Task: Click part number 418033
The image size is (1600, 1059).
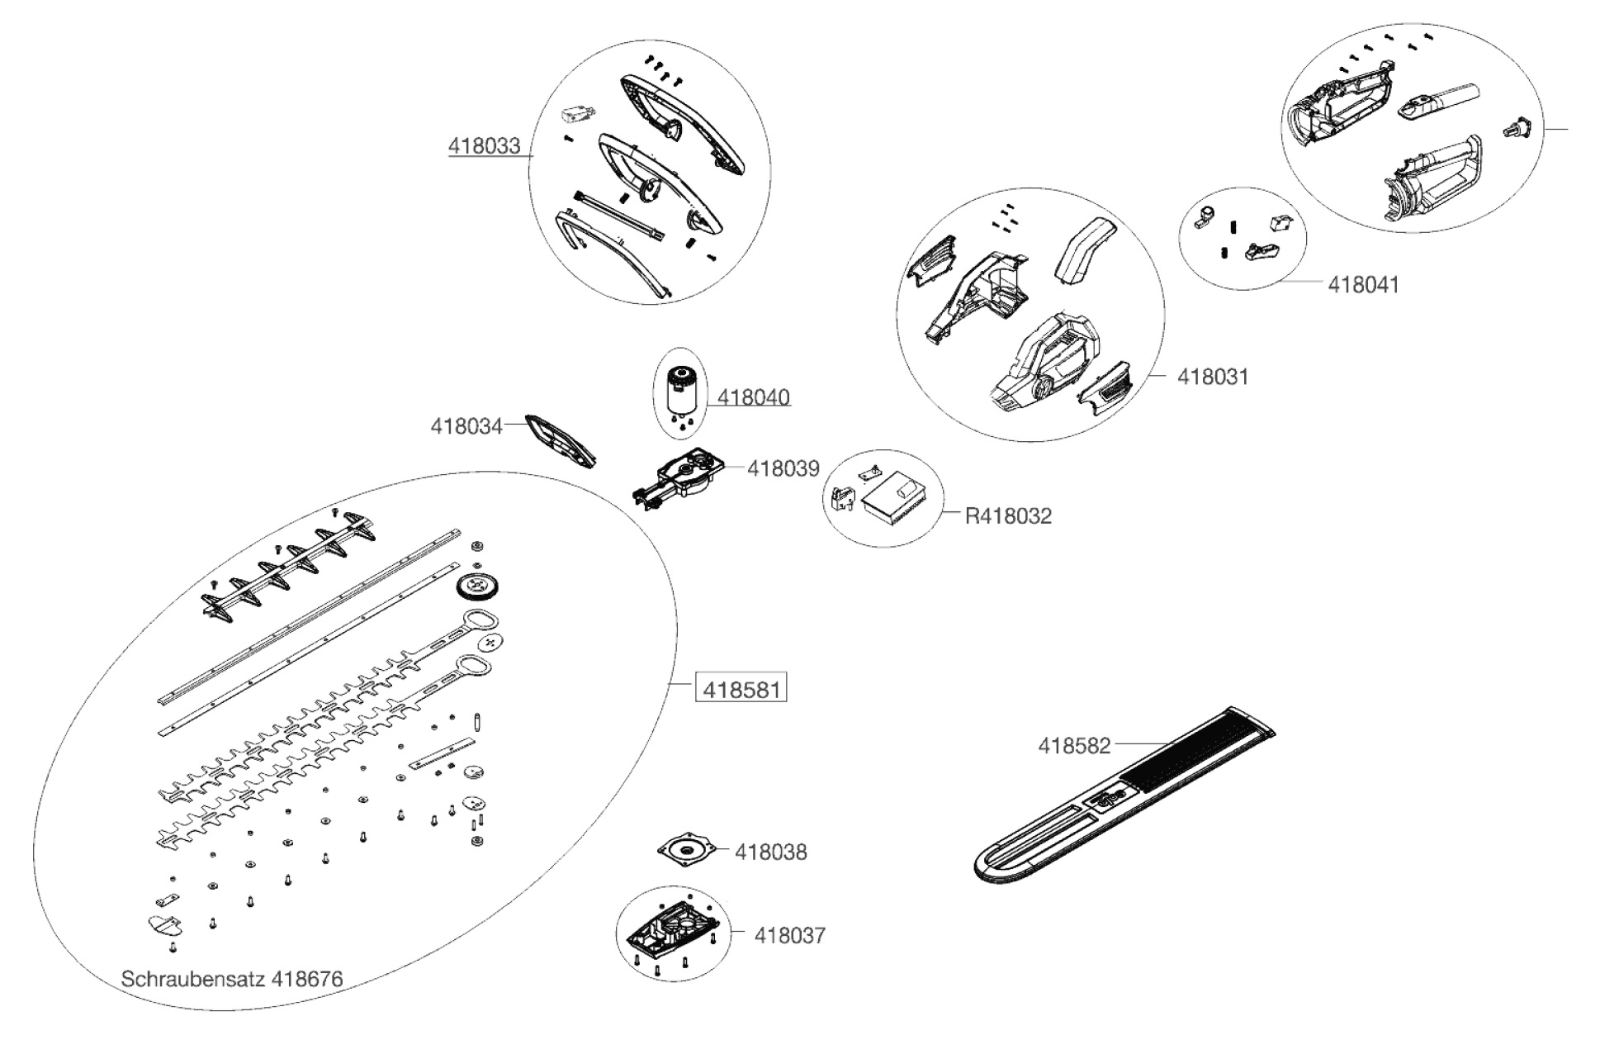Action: [484, 146]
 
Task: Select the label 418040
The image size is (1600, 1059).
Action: [753, 397]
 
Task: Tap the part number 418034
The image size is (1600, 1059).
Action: [466, 426]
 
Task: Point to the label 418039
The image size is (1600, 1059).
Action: [783, 469]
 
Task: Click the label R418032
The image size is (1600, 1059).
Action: [1008, 516]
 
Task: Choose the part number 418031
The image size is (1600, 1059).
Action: [1212, 377]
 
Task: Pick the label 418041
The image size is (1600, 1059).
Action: [1363, 285]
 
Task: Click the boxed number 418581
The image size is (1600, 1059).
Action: [741, 689]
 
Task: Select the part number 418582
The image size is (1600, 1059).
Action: [1073, 746]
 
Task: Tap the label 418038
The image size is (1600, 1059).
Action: [770, 852]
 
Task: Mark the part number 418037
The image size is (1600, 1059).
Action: [789, 936]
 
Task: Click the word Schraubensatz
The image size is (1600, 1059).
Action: [192, 980]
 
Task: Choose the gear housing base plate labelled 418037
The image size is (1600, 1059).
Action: [672, 932]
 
